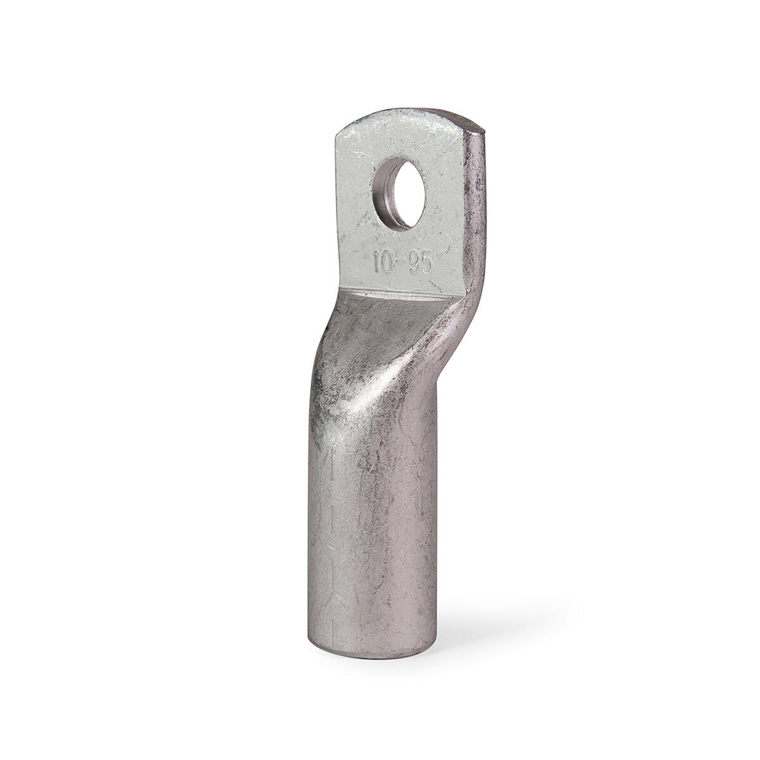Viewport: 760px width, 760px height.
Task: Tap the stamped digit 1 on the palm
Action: pyautogui.click(x=376, y=262)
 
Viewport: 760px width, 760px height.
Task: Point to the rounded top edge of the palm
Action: pyautogui.click(x=402, y=113)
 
